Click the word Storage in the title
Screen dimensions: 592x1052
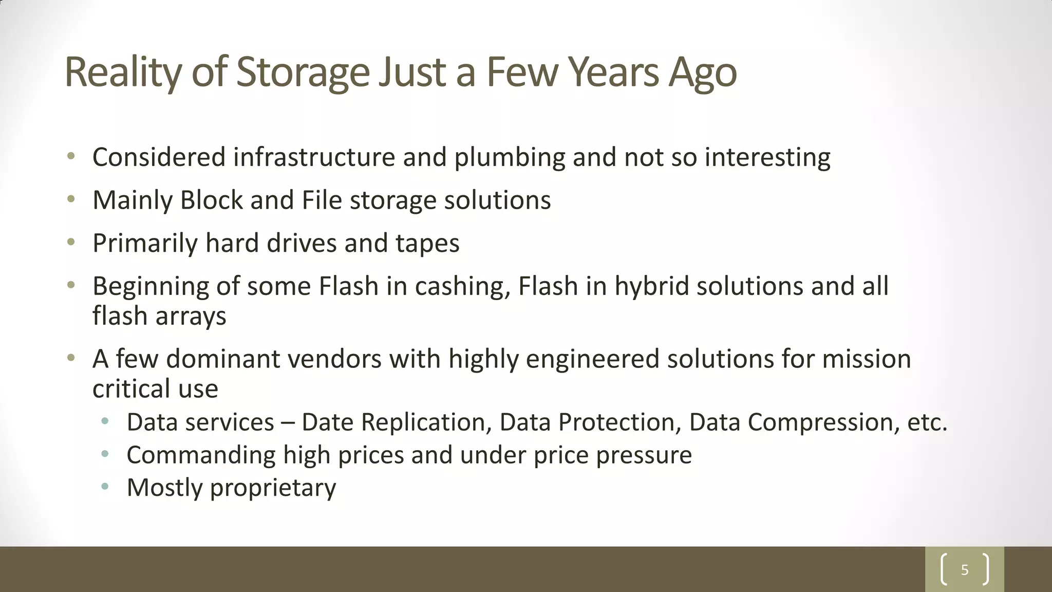(x=303, y=72)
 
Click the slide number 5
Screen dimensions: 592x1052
(x=965, y=570)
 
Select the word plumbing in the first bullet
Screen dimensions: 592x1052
(x=510, y=157)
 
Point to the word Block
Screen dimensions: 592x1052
(x=211, y=200)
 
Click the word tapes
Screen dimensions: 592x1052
(x=427, y=243)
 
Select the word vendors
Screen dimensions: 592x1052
(x=334, y=359)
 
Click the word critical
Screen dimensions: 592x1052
(x=131, y=388)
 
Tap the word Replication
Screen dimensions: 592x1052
(x=423, y=422)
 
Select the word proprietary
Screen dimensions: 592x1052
(x=273, y=488)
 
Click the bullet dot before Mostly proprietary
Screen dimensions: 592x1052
(x=105, y=486)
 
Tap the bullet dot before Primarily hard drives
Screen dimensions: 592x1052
(x=71, y=242)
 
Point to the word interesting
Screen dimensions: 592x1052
(x=767, y=157)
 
